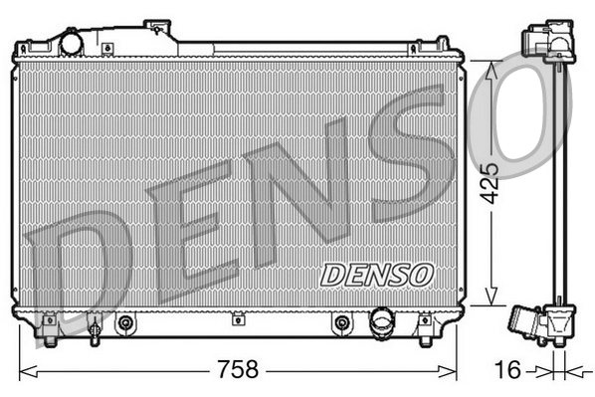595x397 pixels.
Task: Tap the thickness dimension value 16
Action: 507,370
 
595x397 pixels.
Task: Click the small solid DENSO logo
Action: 377,273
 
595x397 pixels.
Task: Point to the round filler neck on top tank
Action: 72,44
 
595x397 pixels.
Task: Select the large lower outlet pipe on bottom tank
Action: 381,322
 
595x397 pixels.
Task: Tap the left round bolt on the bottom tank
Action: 125,323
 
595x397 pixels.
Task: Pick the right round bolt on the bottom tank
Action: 342,323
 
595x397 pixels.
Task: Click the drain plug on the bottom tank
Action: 94,325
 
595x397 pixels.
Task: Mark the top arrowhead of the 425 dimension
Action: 489,65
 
